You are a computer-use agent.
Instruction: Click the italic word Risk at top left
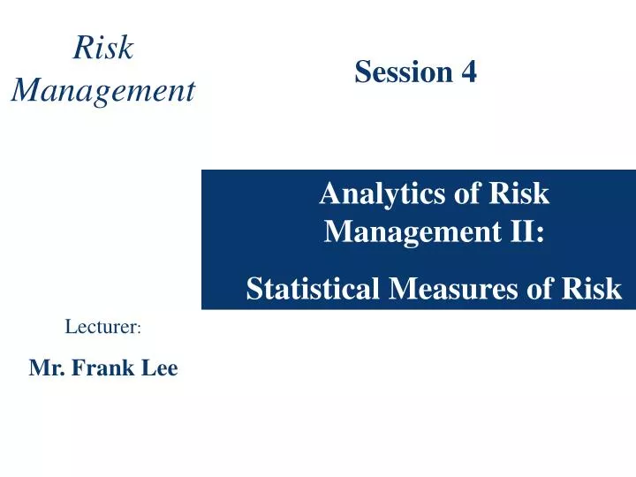pos(103,49)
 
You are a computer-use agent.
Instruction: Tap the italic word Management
pos(103,89)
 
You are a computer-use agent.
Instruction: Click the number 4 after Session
pos(469,72)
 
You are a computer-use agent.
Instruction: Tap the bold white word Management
pos(412,232)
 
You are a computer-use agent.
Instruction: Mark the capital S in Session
pos(362,72)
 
